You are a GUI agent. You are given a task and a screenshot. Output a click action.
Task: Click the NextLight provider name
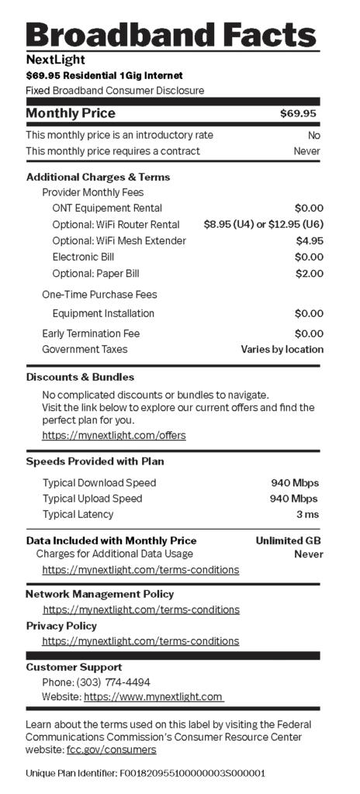pos(55,60)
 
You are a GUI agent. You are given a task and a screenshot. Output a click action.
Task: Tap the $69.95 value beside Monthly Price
pos(298,114)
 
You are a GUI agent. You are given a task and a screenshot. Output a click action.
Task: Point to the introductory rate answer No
pos(313,135)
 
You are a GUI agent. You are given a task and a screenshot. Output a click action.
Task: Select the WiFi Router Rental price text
pos(263,225)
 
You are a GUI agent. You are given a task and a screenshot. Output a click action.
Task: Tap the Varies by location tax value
pos(282,349)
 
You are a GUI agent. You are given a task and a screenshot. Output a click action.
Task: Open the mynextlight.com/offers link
pos(114,435)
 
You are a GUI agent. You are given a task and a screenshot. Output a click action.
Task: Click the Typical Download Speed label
pos(99,482)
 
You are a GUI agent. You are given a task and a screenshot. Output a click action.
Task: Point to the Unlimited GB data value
pos(289,540)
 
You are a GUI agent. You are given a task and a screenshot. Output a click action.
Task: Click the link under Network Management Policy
pos(141,609)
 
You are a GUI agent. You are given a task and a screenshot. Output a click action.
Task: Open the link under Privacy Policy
pos(140,640)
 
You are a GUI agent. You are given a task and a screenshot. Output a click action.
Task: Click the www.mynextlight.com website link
pos(154,697)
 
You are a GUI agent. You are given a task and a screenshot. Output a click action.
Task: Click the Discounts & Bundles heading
pos(80,377)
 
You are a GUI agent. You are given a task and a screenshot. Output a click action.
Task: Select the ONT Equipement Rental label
pos(107,208)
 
